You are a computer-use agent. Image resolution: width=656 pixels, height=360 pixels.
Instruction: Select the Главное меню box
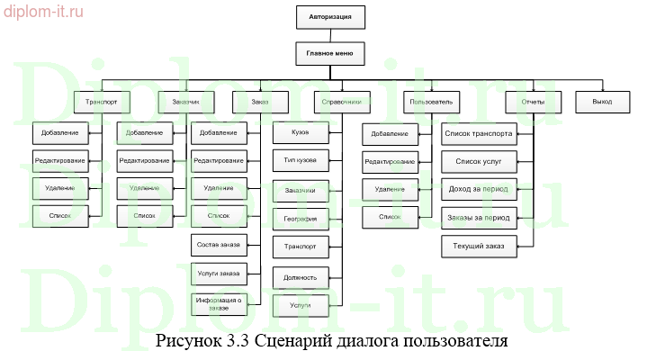pos(329,53)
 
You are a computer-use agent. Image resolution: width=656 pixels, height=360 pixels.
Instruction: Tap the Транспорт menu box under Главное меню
pos(103,102)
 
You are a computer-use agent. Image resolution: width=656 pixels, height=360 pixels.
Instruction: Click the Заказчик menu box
pos(184,102)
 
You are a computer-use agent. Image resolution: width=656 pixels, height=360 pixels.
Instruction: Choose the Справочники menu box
pos(342,102)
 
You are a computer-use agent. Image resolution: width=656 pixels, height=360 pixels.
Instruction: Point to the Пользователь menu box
pos(432,102)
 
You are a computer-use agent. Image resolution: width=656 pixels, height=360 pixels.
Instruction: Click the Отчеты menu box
pos(533,102)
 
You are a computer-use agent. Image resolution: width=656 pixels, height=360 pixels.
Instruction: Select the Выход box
pos(602,102)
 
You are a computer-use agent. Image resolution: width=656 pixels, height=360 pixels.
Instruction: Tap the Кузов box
pos(300,134)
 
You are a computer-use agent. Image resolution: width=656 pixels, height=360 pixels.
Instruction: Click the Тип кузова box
pos(300,162)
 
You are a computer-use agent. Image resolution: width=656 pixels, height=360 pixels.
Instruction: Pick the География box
pos(300,219)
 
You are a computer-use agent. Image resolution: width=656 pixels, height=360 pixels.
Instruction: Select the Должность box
pos(300,276)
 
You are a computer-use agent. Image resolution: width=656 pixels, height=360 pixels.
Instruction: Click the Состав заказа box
pos(218,245)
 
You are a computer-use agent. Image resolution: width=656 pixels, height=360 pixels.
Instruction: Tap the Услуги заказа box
pos(218,274)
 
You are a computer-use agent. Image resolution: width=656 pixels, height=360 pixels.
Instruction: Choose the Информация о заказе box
pos(218,304)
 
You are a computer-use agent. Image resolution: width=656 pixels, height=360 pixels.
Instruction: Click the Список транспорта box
pos(479,134)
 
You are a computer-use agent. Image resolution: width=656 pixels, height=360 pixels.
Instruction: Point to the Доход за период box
pos(479,190)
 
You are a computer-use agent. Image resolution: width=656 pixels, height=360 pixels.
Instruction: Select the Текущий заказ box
pos(479,246)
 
